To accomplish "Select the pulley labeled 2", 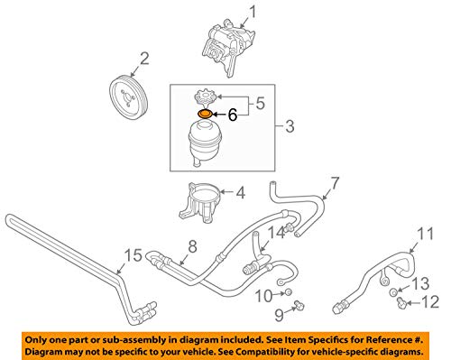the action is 128,98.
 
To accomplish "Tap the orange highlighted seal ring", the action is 205,115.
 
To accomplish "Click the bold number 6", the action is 232,115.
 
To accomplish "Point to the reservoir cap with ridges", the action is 206,97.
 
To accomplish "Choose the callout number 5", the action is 260,103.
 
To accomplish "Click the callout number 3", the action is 290,126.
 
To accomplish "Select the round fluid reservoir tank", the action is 206,143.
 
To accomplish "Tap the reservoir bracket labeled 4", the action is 200,202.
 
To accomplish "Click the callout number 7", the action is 335,184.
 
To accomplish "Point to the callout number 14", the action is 276,234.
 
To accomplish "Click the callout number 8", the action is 192,246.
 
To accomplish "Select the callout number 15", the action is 133,255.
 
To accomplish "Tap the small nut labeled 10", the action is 288,291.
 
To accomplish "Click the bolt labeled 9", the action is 299,305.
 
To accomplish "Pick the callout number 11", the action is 426,234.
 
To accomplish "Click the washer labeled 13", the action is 393,291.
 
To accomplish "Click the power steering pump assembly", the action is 229,47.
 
